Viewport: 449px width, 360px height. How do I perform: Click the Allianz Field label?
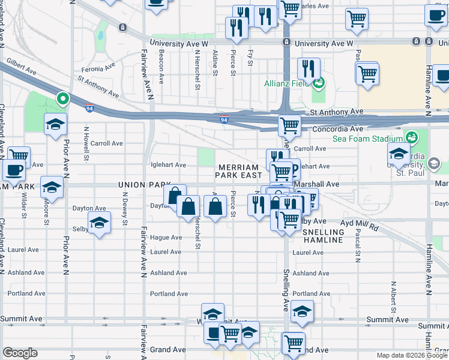(x=286, y=82)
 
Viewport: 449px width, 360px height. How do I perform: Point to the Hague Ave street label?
(x=166, y=238)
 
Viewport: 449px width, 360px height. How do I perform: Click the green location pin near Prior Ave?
(x=62, y=98)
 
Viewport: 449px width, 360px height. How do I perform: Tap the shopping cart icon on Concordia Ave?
(x=289, y=125)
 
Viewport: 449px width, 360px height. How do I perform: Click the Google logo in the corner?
(x=20, y=353)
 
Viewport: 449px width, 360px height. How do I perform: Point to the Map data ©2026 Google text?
(x=411, y=355)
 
